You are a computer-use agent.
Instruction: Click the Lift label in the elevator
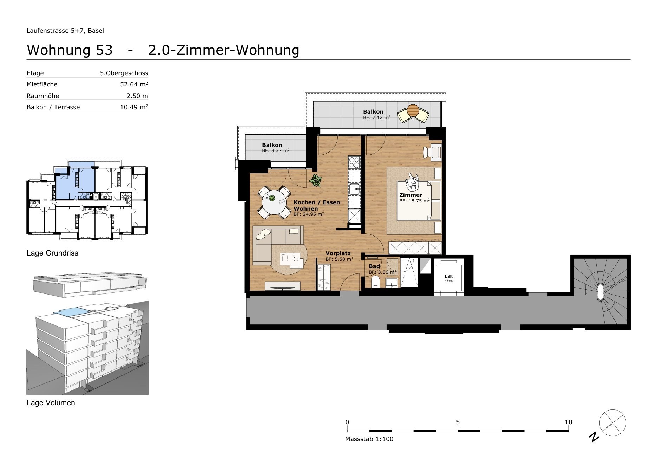click(448, 276)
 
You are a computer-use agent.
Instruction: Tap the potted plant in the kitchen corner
click(316, 181)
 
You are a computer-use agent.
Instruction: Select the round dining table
click(274, 202)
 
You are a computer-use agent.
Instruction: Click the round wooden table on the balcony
click(413, 111)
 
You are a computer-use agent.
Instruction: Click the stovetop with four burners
click(354, 163)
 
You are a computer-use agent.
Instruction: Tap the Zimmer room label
click(410, 195)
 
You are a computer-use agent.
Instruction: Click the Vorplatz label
click(338, 253)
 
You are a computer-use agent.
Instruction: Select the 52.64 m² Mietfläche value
click(134, 84)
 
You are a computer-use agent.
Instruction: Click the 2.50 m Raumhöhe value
click(137, 96)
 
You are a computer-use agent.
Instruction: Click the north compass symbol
click(612, 423)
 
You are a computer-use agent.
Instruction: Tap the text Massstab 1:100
click(369, 439)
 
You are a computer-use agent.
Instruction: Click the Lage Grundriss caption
click(52, 253)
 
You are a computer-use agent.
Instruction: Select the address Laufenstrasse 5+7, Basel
click(65, 31)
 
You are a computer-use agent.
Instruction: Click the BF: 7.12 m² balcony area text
click(377, 118)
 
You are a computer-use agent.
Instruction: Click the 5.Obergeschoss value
click(124, 73)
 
